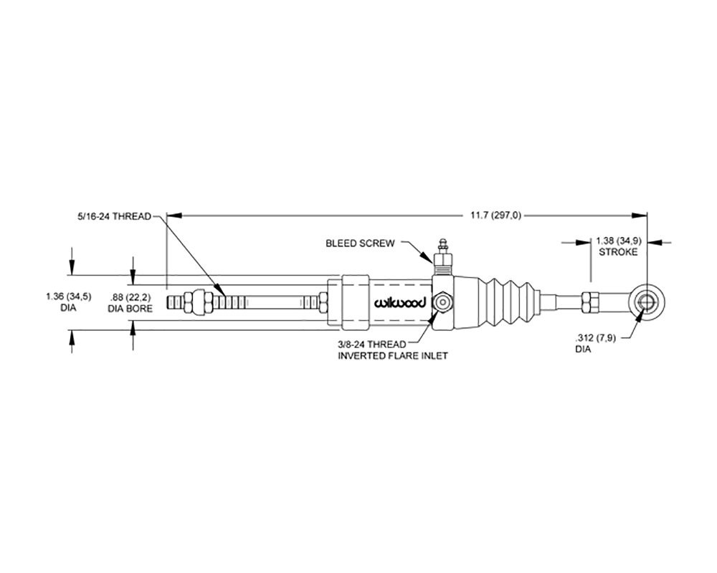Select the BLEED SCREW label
point(361,244)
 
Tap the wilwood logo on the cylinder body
point(400,302)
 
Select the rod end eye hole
point(647,302)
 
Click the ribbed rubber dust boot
point(511,302)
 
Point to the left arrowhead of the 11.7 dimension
point(172,214)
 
